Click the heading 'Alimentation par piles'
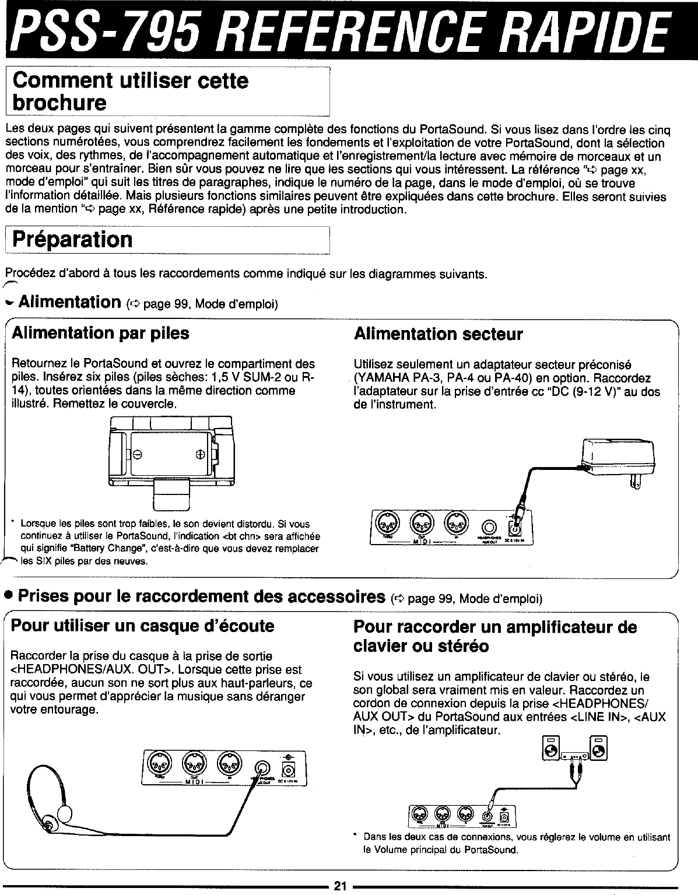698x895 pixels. (100, 333)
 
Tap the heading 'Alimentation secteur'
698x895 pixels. (439, 334)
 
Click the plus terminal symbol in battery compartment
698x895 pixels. (200, 455)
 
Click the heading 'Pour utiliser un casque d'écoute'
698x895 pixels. (143, 626)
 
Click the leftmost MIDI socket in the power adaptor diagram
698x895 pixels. (386, 521)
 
